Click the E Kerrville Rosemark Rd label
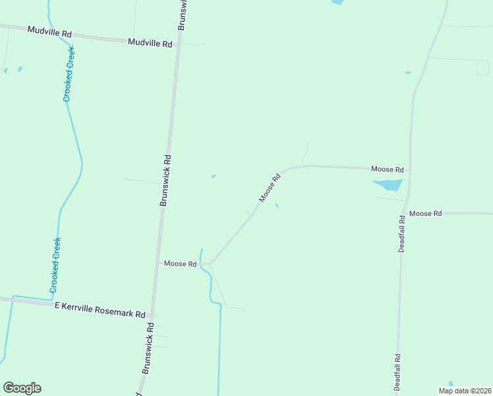click(100, 310)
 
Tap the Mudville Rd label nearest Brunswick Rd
click(150, 43)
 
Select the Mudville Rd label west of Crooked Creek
click(49, 32)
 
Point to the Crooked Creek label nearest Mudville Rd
click(69, 74)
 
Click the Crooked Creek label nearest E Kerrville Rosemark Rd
click(55, 265)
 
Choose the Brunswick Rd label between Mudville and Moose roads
click(166, 181)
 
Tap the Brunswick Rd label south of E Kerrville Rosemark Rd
click(148, 350)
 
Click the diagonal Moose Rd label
click(270, 187)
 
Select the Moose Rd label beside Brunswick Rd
click(181, 263)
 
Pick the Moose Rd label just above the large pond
click(387, 169)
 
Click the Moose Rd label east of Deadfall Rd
click(425, 213)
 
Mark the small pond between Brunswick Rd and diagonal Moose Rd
click(213, 176)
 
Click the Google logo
click(22, 388)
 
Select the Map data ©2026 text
click(465, 391)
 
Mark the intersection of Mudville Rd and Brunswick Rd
click(176, 44)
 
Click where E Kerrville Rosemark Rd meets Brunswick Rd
click(152, 314)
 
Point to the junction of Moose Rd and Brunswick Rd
click(158, 263)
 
